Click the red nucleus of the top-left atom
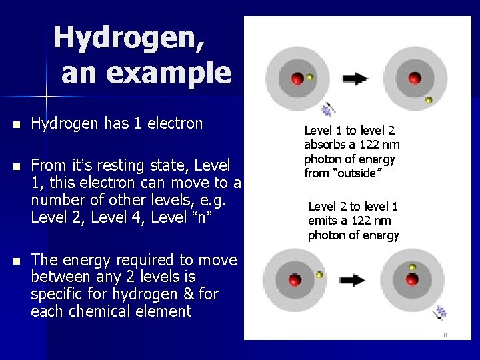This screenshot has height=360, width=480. click(x=297, y=79)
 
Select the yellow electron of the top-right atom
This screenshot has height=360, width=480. click(x=429, y=100)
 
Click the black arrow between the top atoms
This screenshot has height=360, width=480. click(x=355, y=79)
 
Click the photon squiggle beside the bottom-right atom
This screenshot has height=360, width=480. click(x=440, y=312)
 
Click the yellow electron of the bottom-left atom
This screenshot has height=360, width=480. click(x=319, y=274)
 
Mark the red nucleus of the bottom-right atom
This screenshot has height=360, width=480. click(x=411, y=278)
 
